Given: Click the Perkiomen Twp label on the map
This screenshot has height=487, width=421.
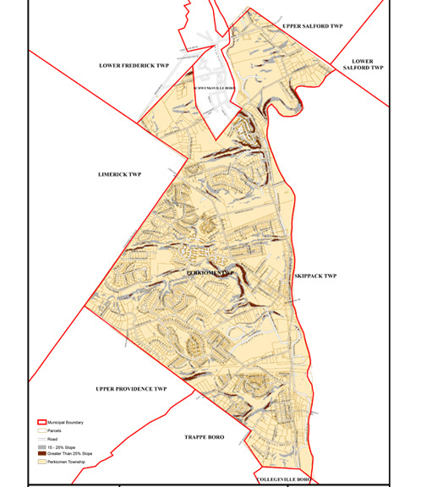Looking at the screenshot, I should click(x=210, y=273).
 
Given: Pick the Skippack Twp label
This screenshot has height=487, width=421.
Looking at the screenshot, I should click(x=317, y=276).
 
